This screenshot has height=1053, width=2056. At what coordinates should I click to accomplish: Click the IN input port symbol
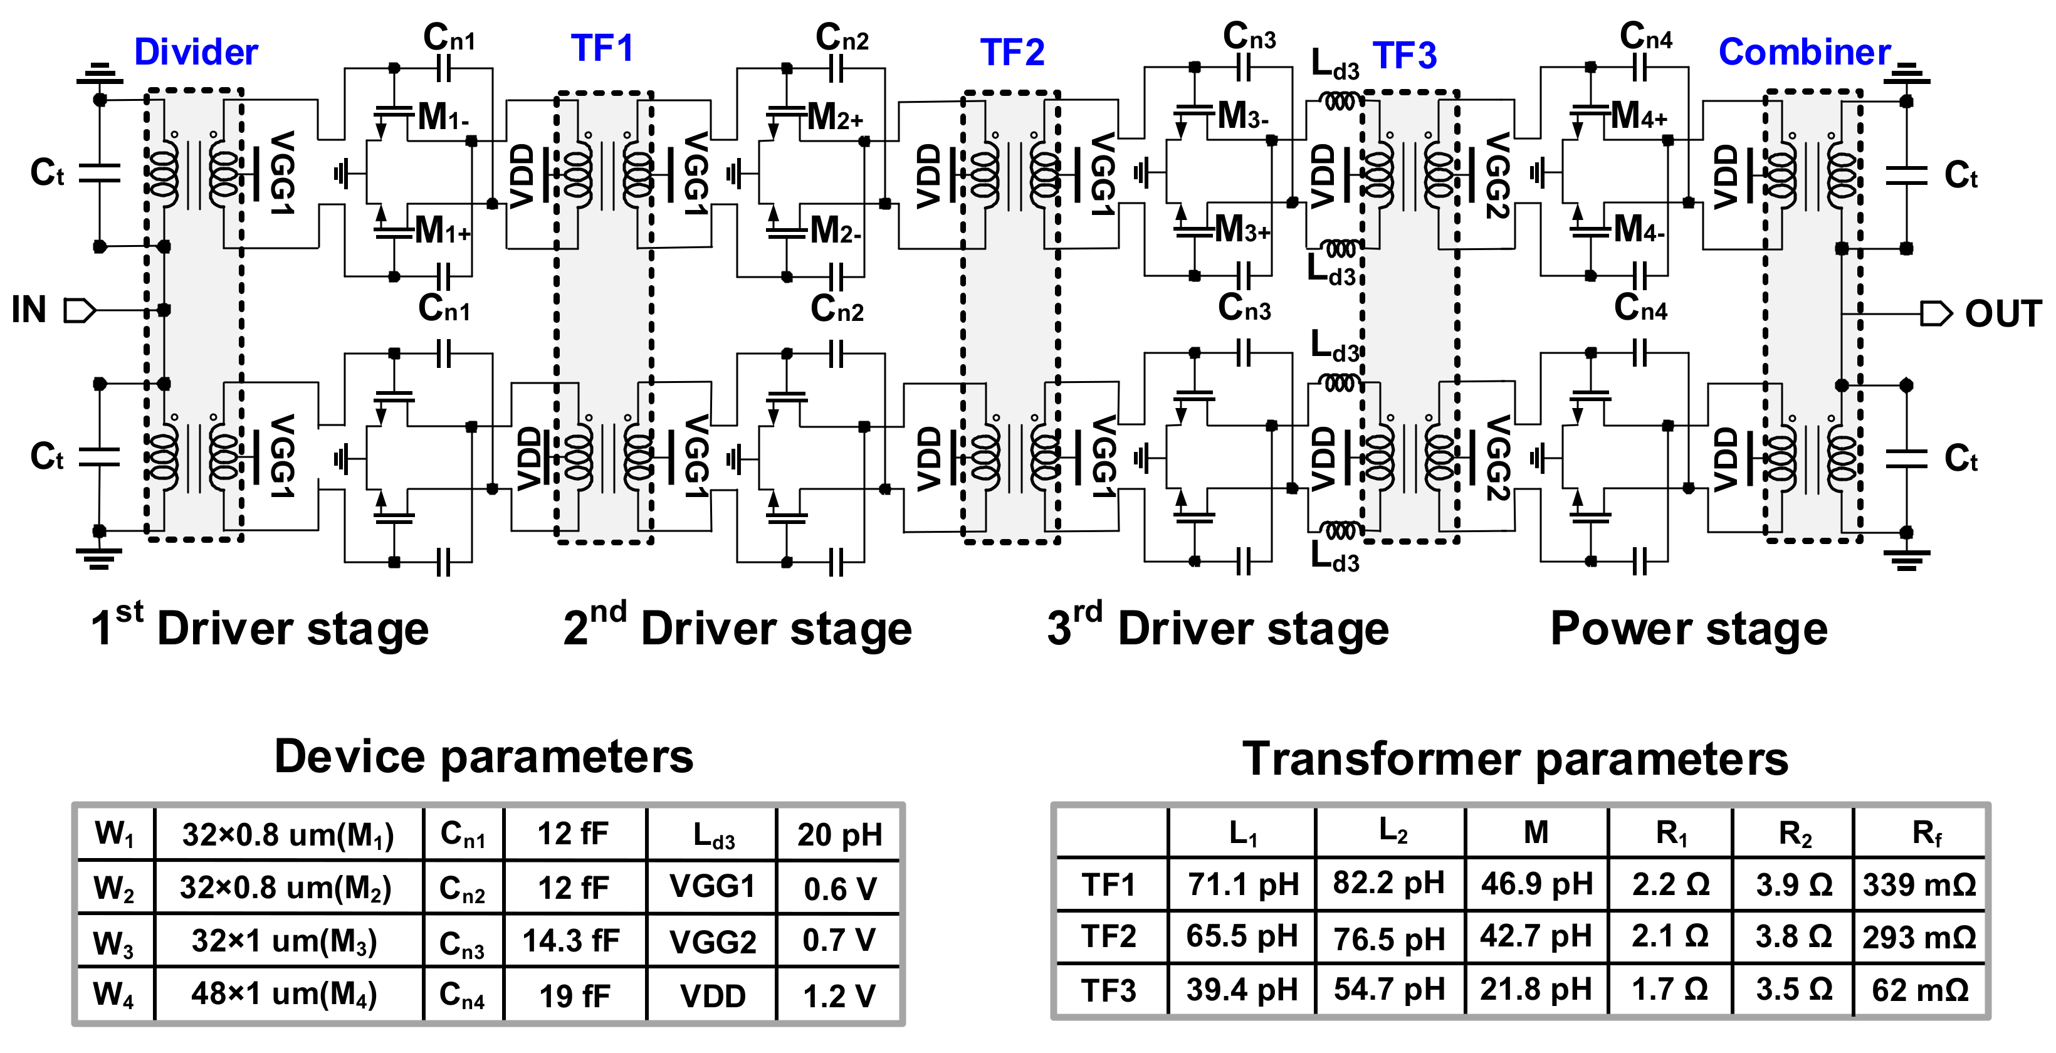pos(79,310)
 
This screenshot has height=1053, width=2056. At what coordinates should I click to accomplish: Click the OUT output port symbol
pos(1934,314)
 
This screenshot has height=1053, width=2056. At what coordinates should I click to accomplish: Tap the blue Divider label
pos(196,53)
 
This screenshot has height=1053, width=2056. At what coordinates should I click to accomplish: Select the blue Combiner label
pos(1804,53)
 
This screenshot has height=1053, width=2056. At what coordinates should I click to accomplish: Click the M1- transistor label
pos(443,117)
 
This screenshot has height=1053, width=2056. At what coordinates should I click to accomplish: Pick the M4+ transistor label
pos(1639,116)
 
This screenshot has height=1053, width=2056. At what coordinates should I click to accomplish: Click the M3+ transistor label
pos(1242,230)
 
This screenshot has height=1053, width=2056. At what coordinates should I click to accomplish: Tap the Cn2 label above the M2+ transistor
pos(841,38)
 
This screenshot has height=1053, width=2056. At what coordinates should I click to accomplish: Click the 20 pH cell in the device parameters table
pos(839,835)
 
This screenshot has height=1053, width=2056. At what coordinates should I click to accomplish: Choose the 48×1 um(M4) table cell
pos(284,994)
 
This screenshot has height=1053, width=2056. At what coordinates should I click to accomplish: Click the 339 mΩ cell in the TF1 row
pos(1919,884)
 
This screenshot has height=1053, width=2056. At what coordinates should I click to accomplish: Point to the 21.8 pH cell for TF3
pos(1536,989)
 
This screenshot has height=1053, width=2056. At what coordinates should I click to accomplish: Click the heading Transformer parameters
pos(1515,758)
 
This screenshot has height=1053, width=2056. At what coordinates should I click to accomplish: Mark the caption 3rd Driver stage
pos(1217,628)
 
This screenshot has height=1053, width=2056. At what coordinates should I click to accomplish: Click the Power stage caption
pos(1688,628)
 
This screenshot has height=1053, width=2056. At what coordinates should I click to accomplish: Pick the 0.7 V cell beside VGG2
pos(839,940)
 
